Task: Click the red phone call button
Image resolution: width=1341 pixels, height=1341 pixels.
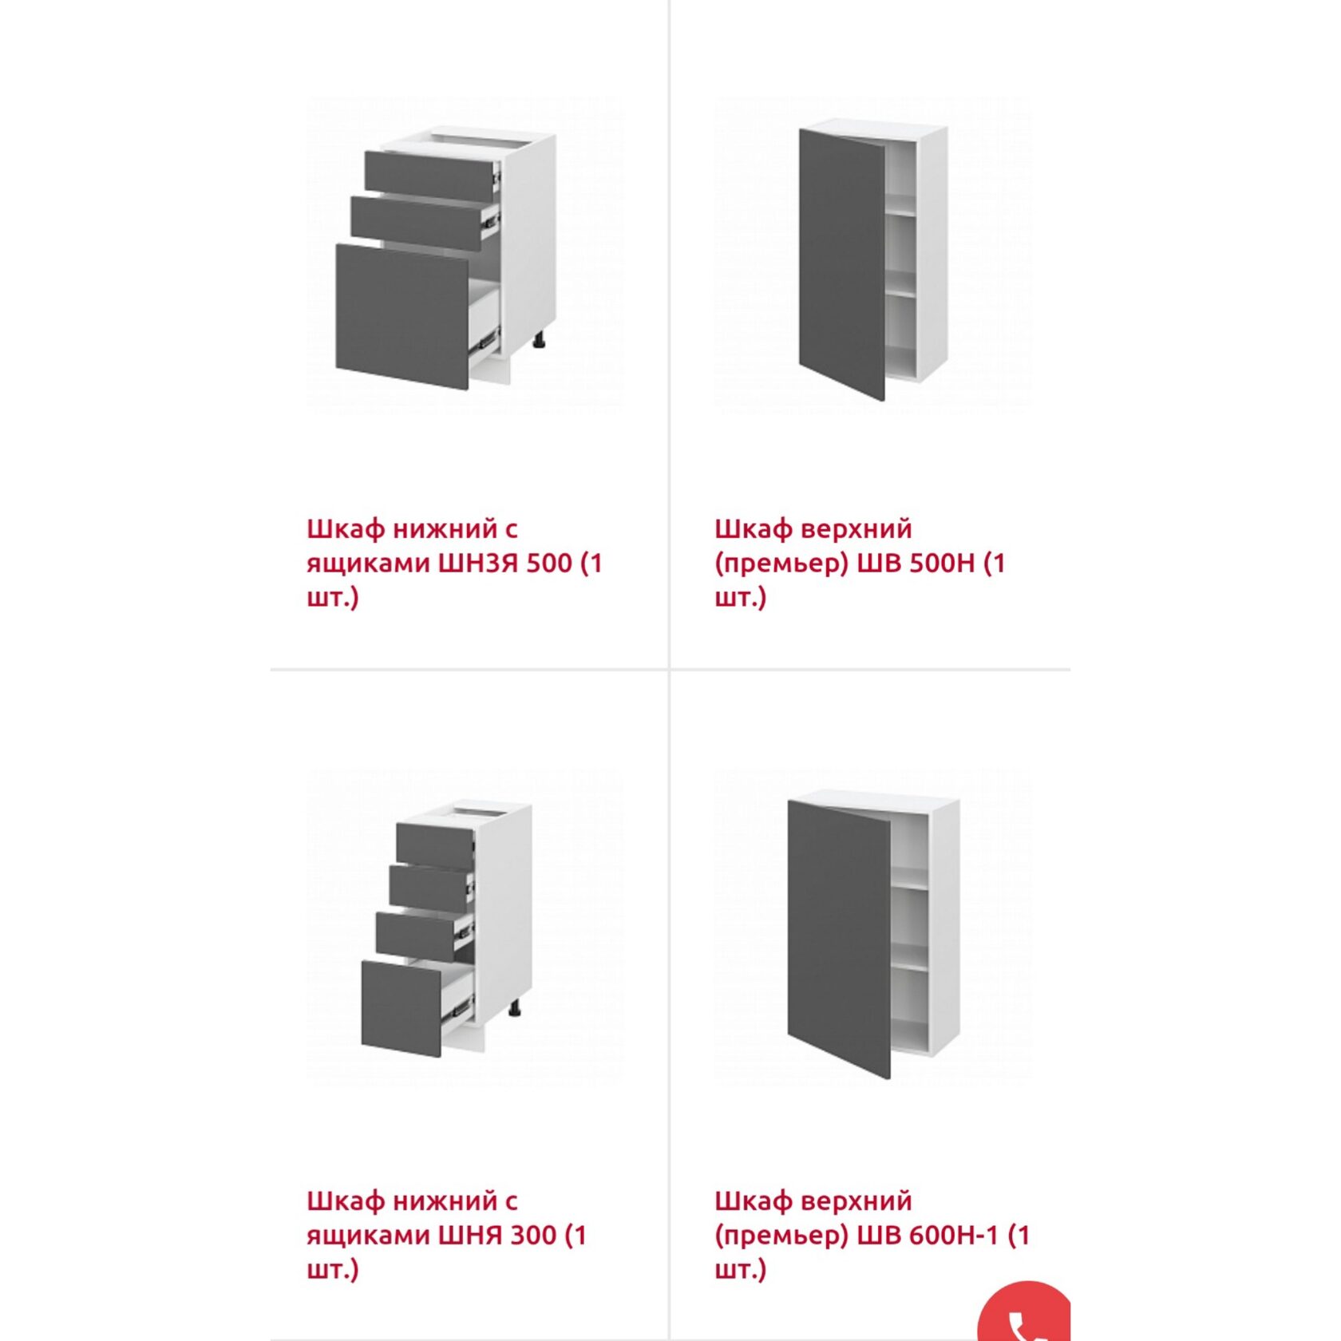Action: [x=1025, y=1312]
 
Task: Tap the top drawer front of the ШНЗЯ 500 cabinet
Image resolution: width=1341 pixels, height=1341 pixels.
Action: [x=429, y=176]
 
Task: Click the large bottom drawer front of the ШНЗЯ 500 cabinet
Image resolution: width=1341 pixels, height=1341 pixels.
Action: [x=402, y=317]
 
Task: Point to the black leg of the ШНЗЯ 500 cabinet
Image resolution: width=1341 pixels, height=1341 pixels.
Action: [x=540, y=341]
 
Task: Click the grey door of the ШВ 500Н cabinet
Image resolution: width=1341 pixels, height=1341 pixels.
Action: [x=842, y=264]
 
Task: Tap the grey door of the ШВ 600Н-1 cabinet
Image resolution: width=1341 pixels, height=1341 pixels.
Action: [x=839, y=939]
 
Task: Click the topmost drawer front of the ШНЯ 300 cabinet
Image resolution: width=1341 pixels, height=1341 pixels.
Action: [x=435, y=846]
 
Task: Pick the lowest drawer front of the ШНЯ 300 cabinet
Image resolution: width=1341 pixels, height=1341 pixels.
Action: [x=402, y=1009]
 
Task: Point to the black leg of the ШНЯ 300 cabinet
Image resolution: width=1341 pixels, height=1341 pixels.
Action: [x=516, y=1008]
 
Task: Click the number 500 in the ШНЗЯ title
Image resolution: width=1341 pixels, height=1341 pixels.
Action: [x=549, y=564]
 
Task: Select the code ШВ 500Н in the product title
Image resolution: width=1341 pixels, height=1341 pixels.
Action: [x=916, y=564]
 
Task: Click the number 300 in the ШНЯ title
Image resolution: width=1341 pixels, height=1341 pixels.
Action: [x=533, y=1236]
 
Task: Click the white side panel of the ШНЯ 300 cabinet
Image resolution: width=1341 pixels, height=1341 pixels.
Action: [x=504, y=910]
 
